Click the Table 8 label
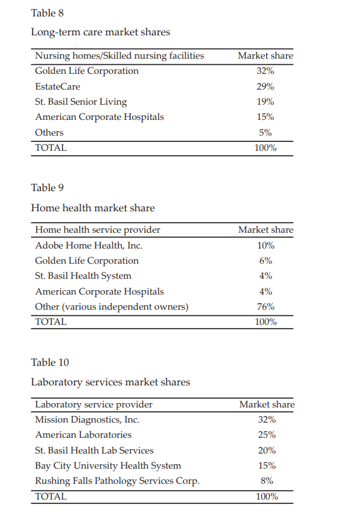tap(47, 13)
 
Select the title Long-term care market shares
tap(100, 32)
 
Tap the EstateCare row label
tap(57, 86)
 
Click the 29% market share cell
tap(265, 86)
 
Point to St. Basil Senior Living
tap(81, 102)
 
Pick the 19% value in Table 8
tap(265, 102)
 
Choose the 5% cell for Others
tap(265, 132)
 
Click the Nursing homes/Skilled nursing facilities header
tap(119, 56)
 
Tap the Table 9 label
tap(47, 187)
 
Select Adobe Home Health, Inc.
tap(88, 245)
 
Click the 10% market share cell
tap(265, 245)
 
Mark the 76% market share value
tap(265, 307)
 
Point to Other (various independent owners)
tap(112, 307)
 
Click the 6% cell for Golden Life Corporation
tap(265, 260)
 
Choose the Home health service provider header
tap(98, 230)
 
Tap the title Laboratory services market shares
tap(110, 382)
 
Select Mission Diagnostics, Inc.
tap(87, 419)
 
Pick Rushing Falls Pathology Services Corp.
tap(117, 481)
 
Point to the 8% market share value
tap(267, 481)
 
